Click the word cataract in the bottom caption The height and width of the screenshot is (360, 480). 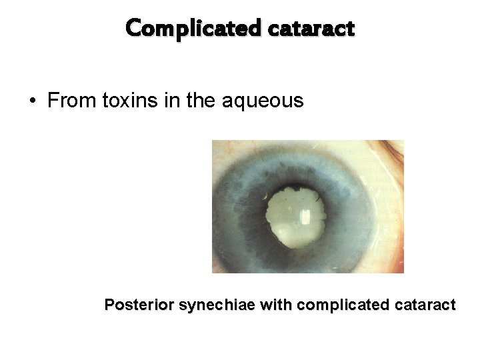(x=421, y=305)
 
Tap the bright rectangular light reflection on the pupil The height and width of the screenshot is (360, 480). (x=305, y=217)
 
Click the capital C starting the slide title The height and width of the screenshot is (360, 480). (x=132, y=29)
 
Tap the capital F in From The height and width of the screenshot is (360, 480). (x=53, y=101)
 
